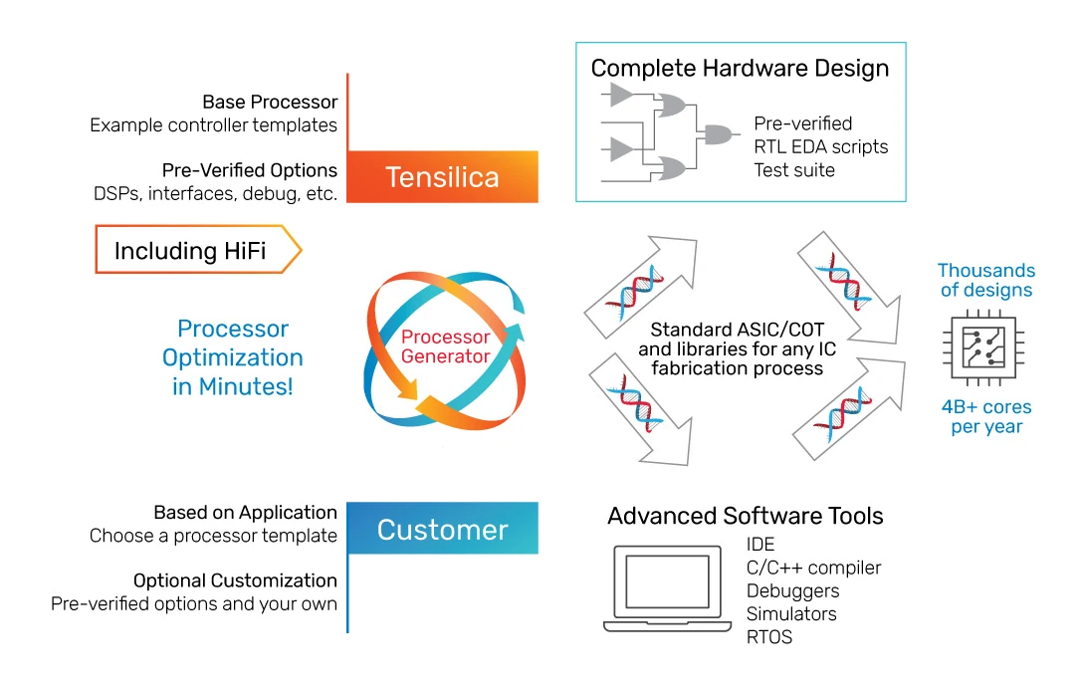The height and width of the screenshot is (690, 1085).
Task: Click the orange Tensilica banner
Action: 442,177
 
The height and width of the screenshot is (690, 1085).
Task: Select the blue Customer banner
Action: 442,529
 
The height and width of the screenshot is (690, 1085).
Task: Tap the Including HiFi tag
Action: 195,250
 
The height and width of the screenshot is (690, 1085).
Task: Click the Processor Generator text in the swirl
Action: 445,346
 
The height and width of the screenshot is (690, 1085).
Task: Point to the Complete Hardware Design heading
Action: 740,69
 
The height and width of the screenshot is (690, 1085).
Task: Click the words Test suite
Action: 794,170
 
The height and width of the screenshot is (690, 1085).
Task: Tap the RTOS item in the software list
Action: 769,637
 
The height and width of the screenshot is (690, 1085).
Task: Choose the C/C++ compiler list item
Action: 813,568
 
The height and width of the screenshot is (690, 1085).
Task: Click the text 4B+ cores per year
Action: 986,416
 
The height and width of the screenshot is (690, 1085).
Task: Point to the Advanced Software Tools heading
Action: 746,516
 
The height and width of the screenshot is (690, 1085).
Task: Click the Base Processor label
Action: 270,103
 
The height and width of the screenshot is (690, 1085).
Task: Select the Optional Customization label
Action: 235,580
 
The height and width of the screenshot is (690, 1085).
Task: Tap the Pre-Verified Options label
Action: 249,170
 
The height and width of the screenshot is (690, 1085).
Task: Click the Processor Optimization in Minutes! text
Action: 232,357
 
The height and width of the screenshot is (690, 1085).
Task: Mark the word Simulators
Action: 791,614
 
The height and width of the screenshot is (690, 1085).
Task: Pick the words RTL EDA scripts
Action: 820,147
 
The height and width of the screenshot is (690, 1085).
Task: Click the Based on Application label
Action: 245,513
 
